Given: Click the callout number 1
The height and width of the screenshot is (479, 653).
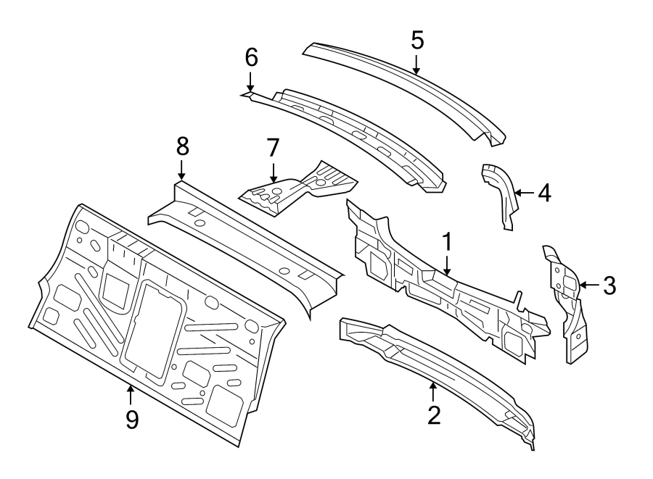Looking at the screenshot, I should (x=448, y=241).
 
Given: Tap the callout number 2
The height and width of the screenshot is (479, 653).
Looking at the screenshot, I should (x=433, y=415).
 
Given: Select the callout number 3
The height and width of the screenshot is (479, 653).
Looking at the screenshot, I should (x=609, y=286).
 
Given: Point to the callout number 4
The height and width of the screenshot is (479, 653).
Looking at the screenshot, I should (x=543, y=193).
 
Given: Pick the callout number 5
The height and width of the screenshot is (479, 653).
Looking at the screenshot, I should (x=416, y=40).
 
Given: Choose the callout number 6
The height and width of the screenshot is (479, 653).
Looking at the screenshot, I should (x=250, y=57).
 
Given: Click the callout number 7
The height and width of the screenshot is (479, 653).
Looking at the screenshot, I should (x=272, y=148).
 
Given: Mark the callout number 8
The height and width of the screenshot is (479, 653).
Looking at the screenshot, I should (x=181, y=146).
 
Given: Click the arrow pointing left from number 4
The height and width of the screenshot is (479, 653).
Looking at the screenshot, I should (x=525, y=193).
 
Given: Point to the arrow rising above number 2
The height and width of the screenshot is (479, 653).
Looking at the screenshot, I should (x=433, y=391).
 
